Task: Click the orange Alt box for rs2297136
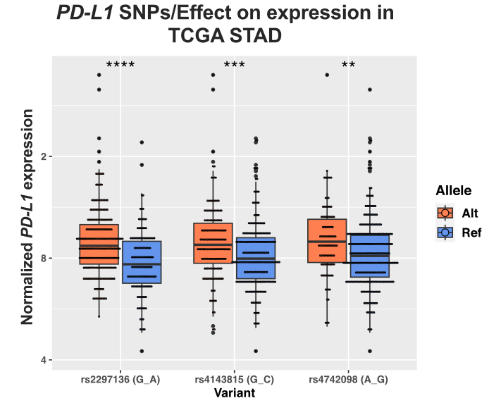tap(99, 244)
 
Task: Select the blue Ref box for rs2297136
tap(142, 262)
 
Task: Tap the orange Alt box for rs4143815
tap(213, 243)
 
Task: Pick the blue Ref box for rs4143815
tap(256, 259)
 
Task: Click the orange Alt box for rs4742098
tap(327, 241)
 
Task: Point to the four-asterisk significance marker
tap(120, 66)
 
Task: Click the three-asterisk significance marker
tap(235, 66)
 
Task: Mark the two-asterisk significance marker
tap(348, 66)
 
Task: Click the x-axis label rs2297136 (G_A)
tap(120, 380)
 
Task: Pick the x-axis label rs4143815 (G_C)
tap(234, 380)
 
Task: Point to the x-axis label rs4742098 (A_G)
tap(348, 380)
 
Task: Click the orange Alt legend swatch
tap(445, 213)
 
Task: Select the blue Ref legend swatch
tap(445, 232)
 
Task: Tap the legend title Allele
tap(452, 190)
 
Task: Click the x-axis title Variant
tap(234, 393)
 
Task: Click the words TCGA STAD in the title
tap(223, 35)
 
